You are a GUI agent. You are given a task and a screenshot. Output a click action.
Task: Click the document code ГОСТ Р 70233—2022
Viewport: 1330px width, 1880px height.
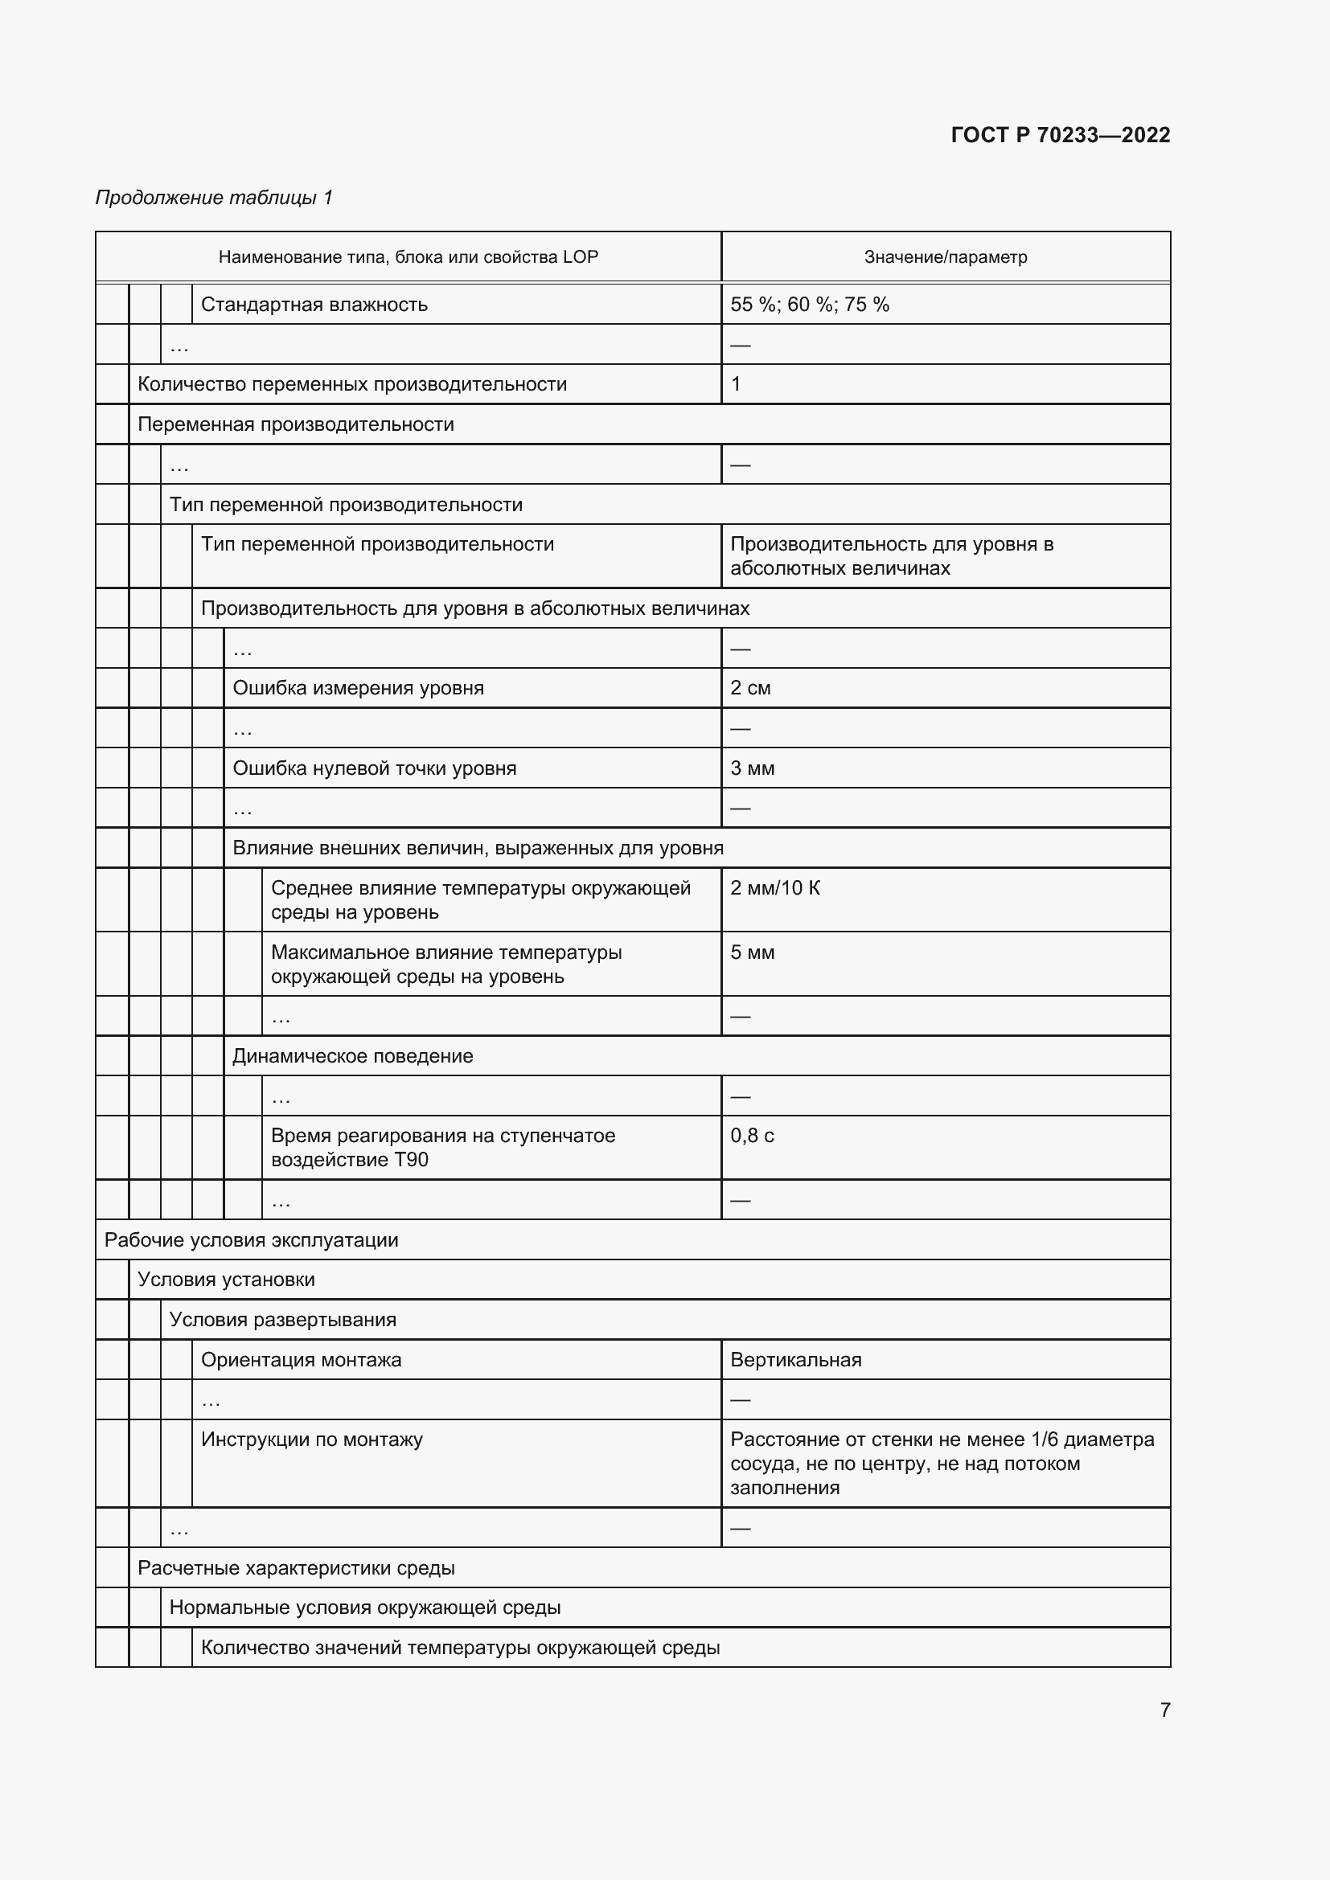click(1060, 135)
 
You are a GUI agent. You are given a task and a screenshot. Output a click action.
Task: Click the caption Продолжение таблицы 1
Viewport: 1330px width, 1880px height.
click(214, 198)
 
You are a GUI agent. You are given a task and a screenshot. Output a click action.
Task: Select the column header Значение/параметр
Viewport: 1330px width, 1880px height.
click(945, 257)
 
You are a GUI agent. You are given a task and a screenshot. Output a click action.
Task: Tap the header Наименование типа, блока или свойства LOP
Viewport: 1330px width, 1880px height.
click(408, 257)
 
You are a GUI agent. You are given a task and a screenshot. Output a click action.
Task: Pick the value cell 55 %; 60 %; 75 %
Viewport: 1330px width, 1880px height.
click(809, 305)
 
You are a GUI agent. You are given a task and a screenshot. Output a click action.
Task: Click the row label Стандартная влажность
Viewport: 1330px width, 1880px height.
click(314, 305)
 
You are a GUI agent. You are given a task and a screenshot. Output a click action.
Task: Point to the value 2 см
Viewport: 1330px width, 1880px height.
click(750, 688)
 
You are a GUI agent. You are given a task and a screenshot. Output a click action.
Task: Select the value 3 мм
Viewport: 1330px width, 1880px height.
click(752, 768)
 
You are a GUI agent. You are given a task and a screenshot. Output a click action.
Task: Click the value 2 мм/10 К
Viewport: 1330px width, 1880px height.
click(774, 888)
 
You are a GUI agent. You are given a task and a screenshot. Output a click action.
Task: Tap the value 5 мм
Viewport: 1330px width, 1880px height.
click(752, 952)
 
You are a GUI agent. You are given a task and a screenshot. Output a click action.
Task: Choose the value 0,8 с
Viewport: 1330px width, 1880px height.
click(752, 1136)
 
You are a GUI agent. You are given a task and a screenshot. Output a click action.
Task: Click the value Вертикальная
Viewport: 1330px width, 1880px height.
click(795, 1360)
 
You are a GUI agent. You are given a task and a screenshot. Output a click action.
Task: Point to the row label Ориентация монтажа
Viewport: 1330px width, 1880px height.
click(302, 1360)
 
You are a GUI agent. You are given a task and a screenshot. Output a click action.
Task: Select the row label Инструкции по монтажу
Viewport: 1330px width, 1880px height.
click(312, 1440)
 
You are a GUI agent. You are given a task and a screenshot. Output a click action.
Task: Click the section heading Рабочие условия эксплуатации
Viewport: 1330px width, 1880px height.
click(252, 1239)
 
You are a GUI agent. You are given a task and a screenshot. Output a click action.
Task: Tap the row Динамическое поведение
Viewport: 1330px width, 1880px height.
click(353, 1056)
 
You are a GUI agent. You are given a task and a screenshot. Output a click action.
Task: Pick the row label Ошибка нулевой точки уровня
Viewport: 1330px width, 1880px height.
click(374, 768)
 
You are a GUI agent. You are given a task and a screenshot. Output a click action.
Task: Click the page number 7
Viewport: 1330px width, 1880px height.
click(1164, 1710)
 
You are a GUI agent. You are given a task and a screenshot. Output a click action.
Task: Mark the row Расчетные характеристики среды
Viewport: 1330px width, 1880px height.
click(297, 1568)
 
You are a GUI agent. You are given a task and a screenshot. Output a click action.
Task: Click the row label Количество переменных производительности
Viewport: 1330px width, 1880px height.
click(352, 384)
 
